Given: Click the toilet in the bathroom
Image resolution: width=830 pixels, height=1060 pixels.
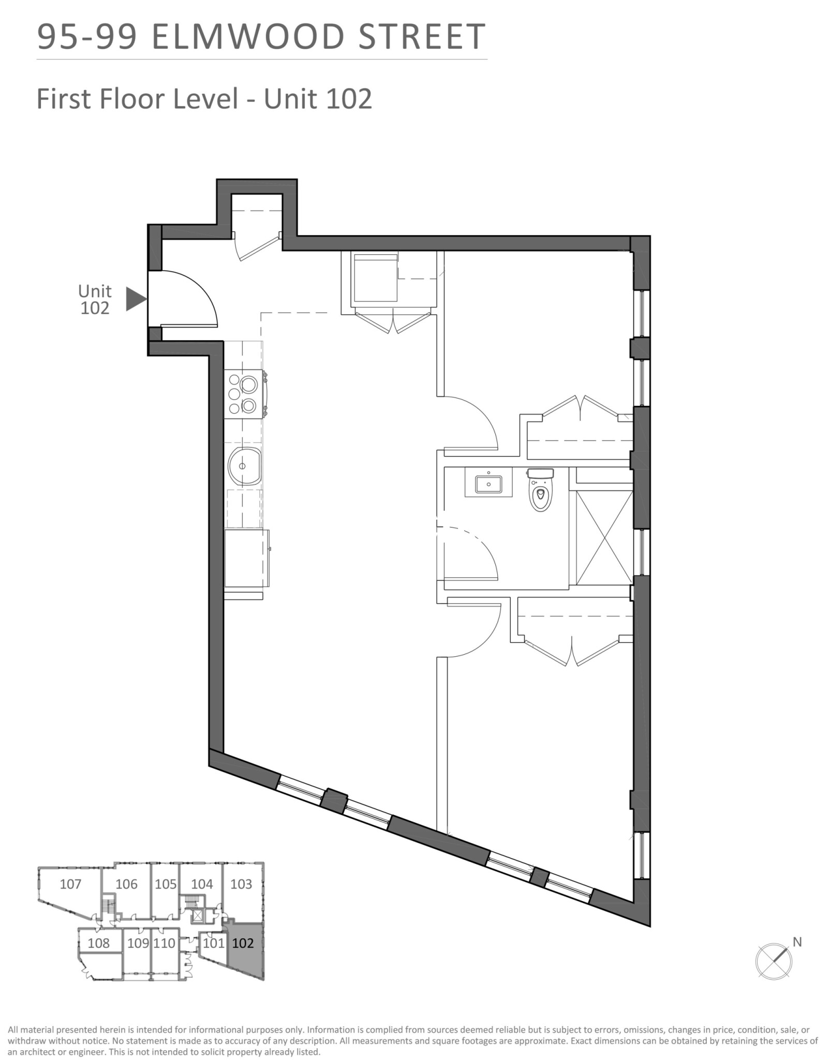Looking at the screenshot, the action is (540, 489).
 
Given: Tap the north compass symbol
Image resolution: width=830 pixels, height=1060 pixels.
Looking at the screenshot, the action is (774, 961).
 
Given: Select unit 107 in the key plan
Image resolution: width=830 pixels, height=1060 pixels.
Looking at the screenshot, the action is (70, 884).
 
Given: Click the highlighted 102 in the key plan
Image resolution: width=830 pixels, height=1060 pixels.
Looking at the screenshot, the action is (243, 943).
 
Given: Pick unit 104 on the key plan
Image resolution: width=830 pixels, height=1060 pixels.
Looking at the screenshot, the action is (202, 884).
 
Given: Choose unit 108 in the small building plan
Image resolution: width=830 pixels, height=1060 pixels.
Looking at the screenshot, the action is (98, 943).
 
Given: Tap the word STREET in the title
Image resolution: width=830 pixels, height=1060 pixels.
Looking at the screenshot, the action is (421, 37).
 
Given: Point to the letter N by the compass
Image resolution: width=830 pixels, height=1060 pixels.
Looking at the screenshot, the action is (797, 942).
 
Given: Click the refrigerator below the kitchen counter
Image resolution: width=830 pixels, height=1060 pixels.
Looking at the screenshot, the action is (247, 558).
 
